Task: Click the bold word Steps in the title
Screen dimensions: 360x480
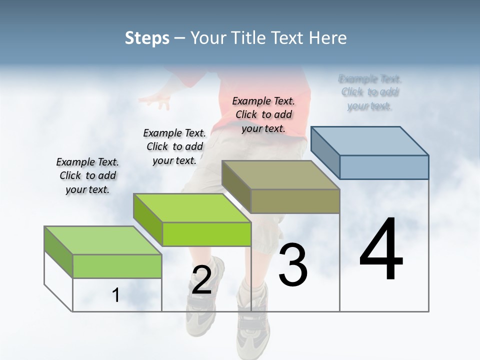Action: [x=147, y=38]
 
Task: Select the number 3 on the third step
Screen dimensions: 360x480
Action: [x=292, y=265]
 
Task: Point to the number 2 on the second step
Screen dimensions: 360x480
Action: [x=201, y=280]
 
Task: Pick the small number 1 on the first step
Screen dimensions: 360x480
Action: [x=115, y=295]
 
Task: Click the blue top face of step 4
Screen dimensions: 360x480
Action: [x=370, y=140]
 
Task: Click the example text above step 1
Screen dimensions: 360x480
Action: [x=87, y=175]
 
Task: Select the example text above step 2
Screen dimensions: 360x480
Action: [x=174, y=146]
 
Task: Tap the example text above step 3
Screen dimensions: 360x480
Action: [x=263, y=114]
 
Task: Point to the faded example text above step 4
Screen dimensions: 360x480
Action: [x=369, y=92]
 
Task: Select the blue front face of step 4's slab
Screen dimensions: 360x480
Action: [x=384, y=167]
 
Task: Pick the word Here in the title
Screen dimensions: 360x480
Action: [x=328, y=38]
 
